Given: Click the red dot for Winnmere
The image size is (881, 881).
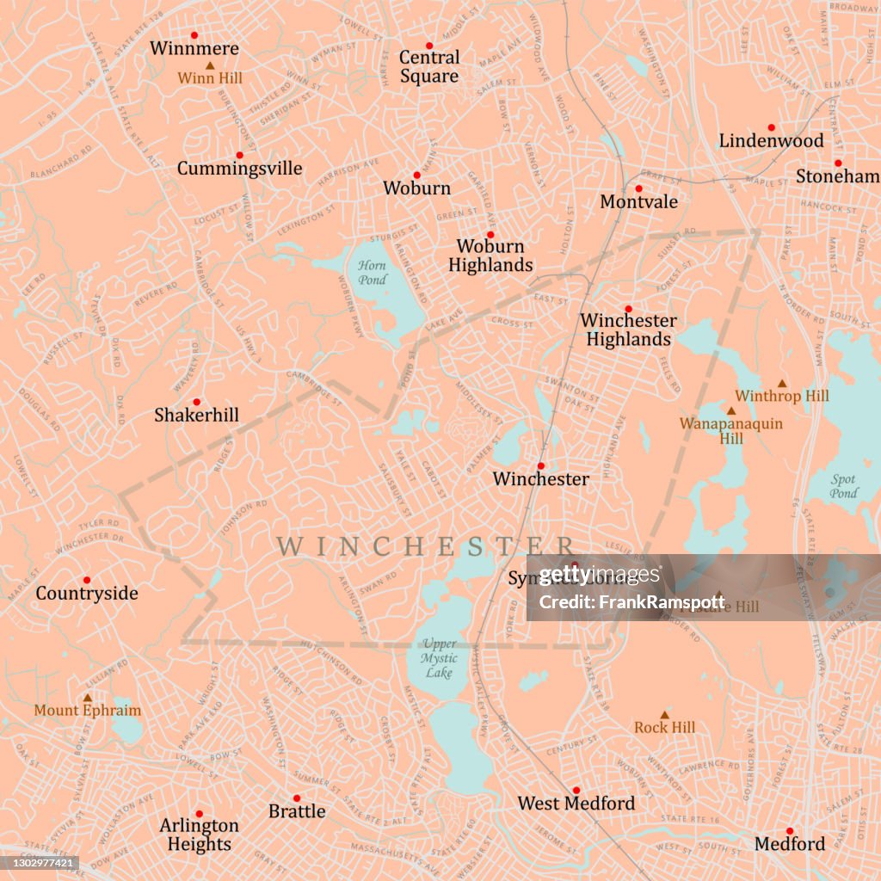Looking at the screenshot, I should pyautogui.click(x=194, y=35).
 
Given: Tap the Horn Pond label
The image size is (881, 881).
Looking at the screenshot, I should pyautogui.click(x=373, y=273).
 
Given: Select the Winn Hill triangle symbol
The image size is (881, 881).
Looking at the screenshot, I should pyautogui.click(x=210, y=65).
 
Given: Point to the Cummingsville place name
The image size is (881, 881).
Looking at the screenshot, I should pyautogui.click(x=239, y=168).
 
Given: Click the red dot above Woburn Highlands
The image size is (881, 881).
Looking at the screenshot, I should pyautogui.click(x=490, y=234).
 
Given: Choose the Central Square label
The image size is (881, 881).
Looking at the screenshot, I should pyautogui.click(x=429, y=66).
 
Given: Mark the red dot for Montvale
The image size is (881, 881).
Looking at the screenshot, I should pyautogui.click(x=638, y=188).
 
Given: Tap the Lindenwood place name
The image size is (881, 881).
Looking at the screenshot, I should pyautogui.click(x=771, y=140).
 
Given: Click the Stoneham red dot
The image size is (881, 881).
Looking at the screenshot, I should pyautogui.click(x=837, y=163).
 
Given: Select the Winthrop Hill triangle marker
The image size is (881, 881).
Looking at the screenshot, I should pyautogui.click(x=782, y=384).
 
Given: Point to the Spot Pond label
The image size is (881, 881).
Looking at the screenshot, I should pyautogui.click(x=843, y=486).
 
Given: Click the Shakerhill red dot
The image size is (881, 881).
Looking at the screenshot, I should pyautogui.click(x=196, y=402).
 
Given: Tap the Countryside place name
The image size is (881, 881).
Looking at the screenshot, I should pyautogui.click(x=87, y=593).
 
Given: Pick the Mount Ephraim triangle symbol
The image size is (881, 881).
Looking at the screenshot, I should pyautogui.click(x=87, y=698).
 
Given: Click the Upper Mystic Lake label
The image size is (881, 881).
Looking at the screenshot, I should pyautogui.click(x=439, y=657).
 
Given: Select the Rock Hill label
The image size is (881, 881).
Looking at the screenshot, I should pyautogui.click(x=664, y=728).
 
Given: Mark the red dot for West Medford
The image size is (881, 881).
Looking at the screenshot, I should pyautogui.click(x=576, y=790).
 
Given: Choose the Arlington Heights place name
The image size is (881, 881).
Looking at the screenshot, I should pyautogui.click(x=199, y=835).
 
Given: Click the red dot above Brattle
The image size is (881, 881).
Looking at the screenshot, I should pyautogui.click(x=297, y=798).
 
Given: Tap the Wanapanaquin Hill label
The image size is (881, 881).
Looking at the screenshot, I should pyautogui.click(x=731, y=431).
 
